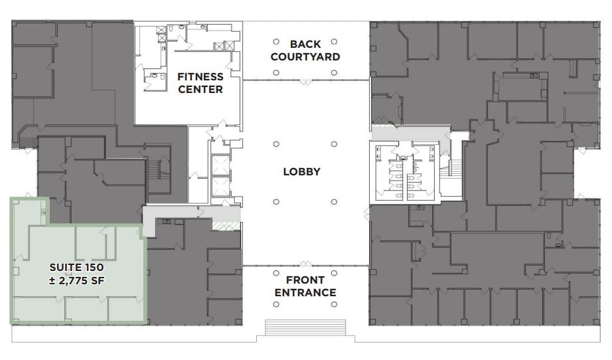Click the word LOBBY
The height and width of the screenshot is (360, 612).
coord(301,171)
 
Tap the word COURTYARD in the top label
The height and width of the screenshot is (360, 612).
coord(305,57)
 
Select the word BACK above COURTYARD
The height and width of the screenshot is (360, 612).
coord(305,44)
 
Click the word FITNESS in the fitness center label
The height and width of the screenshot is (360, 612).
coord(200,76)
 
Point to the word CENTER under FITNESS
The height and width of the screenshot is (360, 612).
coord(200,89)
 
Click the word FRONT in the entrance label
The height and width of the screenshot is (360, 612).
coord(305,280)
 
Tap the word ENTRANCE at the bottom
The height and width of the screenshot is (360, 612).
coord(305,293)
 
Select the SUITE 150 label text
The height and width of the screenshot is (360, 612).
coord(76,267)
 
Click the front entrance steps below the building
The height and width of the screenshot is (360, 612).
coord(305,328)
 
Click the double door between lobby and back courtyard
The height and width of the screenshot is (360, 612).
coord(305,81)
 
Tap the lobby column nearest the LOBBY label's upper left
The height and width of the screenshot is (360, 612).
coord(275,143)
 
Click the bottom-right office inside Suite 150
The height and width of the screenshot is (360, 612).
coord(125,309)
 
